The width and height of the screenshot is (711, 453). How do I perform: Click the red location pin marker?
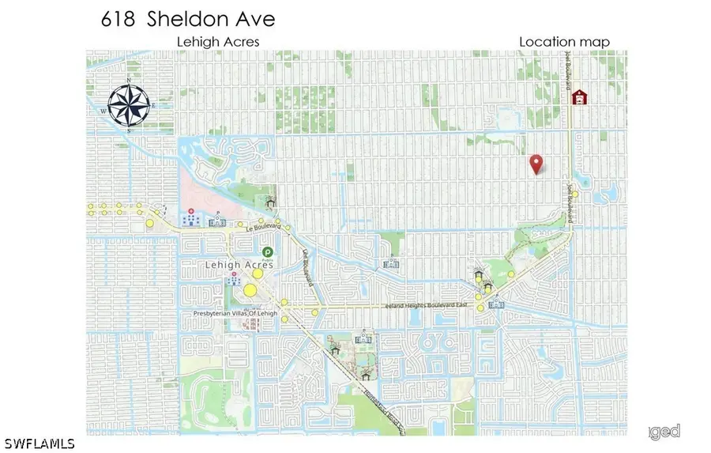click(536, 164)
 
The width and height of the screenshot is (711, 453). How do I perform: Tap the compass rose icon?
click(128, 105)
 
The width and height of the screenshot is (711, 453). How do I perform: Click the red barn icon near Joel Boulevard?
click(580, 97)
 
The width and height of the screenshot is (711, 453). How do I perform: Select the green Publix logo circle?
click(269, 252)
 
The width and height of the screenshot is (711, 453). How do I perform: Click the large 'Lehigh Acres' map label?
click(238, 266)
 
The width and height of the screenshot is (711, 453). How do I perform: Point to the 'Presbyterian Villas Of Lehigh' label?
click(236, 313)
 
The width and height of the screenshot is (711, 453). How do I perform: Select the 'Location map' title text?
click(564, 42)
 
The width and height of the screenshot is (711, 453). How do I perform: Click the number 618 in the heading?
click(118, 20)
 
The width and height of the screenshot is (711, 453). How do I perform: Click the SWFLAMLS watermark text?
click(39, 443)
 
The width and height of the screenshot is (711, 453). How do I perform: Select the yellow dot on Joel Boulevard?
click(576, 194)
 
